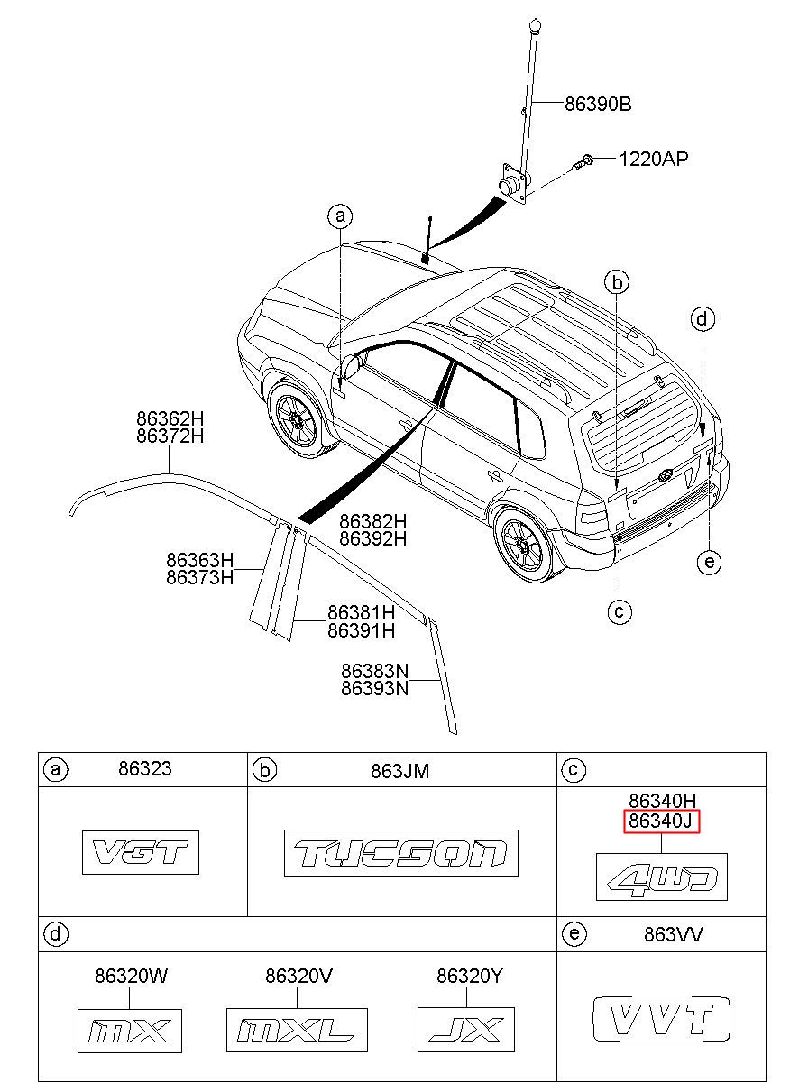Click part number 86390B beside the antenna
(598, 104)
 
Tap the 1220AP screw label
(654, 159)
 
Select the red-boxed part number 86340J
(661, 821)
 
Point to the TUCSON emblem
(400, 854)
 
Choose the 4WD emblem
(662, 876)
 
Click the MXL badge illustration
(297, 1031)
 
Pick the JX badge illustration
(466, 1030)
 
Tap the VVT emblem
(662, 1019)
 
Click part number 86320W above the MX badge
(131, 974)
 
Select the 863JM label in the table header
(399, 771)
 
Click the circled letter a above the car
(340, 216)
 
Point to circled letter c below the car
(620, 611)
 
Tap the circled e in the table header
(574, 934)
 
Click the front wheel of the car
(297, 419)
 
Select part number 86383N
(374, 671)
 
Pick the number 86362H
(170, 418)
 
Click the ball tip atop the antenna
(536, 24)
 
